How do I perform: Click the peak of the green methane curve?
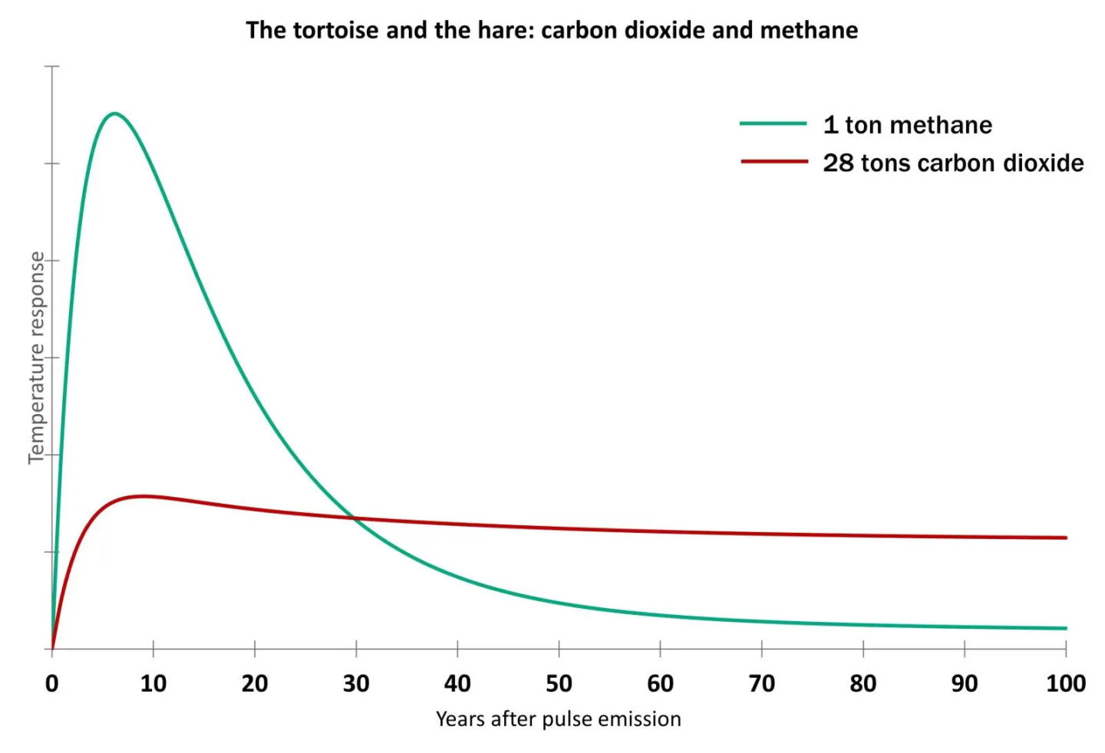click(x=115, y=113)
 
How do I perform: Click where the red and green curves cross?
click(x=355, y=519)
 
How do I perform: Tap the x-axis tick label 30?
click(x=356, y=683)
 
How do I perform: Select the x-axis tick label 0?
click(x=51, y=683)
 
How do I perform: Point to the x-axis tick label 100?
click(x=1065, y=683)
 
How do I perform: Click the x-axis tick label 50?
click(x=559, y=683)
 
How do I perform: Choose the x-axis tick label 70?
click(x=761, y=683)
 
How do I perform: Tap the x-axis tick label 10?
click(x=153, y=683)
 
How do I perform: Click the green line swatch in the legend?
click(x=773, y=123)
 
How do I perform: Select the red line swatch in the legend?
click(x=773, y=162)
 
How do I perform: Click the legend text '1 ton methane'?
click(x=907, y=124)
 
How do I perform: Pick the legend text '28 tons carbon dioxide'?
click(x=953, y=163)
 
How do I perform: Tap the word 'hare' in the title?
click(x=509, y=30)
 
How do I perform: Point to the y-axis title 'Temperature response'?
click(x=36, y=357)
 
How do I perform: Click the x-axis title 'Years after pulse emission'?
click(x=558, y=719)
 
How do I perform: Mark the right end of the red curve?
click(x=1066, y=538)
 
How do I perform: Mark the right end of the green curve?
click(x=1066, y=628)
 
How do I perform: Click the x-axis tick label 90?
click(x=964, y=683)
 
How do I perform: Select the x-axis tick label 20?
click(x=255, y=683)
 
